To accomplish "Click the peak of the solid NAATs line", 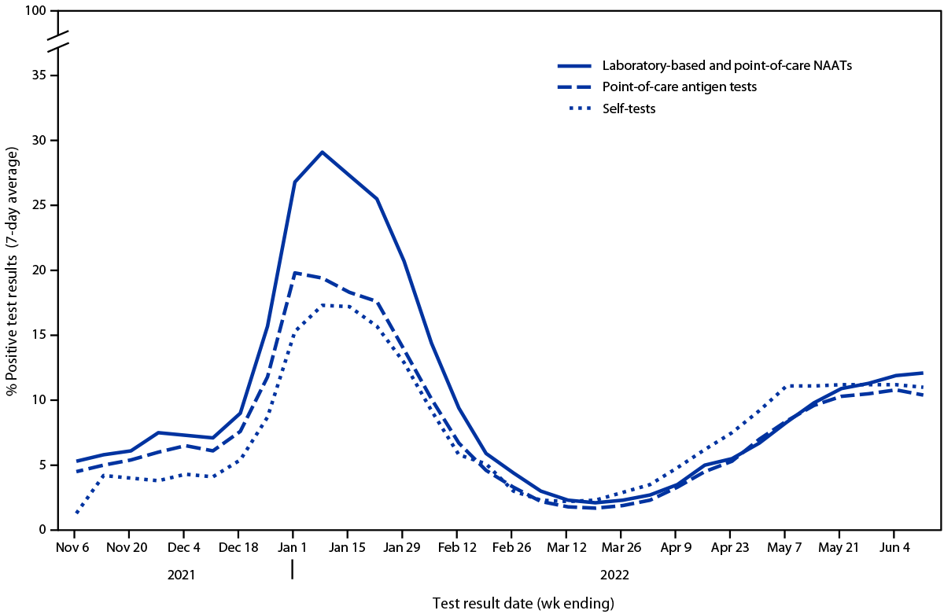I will [x=322, y=152].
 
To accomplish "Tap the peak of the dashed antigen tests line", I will [x=294, y=273].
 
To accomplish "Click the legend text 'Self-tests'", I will [x=629, y=108].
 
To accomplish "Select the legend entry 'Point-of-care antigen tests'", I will [x=679, y=87].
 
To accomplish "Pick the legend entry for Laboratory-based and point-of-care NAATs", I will [x=727, y=66].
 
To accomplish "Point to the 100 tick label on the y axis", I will [x=36, y=12].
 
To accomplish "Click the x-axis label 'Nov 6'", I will [x=73, y=546].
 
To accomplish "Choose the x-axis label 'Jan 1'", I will [x=293, y=546].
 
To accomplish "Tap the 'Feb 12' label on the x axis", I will [x=457, y=546].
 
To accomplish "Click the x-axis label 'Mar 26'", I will [x=621, y=546].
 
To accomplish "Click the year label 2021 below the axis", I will [x=182, y=575].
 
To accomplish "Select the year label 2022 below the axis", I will [x=614, y=575].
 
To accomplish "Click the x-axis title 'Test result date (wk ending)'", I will [x=523, y=603].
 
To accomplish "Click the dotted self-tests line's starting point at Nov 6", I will [x=76, y=513].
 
